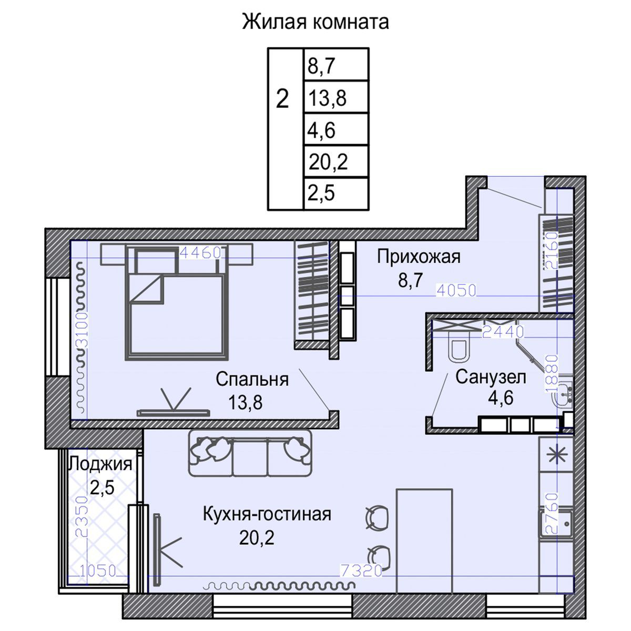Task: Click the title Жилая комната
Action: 315,23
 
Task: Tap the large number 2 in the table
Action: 283,98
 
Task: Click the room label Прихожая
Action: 419,257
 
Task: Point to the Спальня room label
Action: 252,379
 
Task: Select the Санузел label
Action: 491,377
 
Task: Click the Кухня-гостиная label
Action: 267,514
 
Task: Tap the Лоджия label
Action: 100,464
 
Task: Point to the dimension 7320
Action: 361,570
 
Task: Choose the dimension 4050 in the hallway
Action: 456,290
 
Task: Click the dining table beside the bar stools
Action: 424,531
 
